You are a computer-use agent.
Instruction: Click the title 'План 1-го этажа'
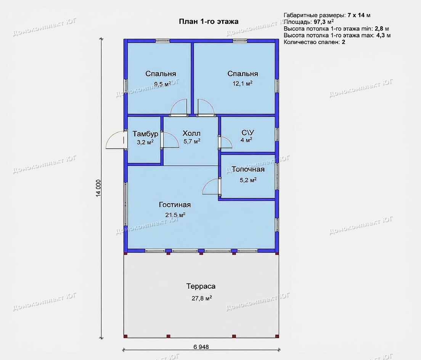209,21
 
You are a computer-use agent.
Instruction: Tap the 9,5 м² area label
162,84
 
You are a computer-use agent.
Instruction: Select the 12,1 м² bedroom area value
243,84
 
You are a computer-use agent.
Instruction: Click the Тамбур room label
145,134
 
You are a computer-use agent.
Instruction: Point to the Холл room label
191,133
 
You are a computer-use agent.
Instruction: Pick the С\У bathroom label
247,133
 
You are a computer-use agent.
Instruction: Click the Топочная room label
248,169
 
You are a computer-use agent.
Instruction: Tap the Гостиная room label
175,204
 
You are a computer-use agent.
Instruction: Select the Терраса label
201,286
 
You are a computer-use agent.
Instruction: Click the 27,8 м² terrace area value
202,298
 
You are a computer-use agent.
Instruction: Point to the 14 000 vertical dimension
98,188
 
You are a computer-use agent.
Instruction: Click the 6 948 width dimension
201,347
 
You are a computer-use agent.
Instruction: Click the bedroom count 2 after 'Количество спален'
344,42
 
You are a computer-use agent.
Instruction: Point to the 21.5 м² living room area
175,215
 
